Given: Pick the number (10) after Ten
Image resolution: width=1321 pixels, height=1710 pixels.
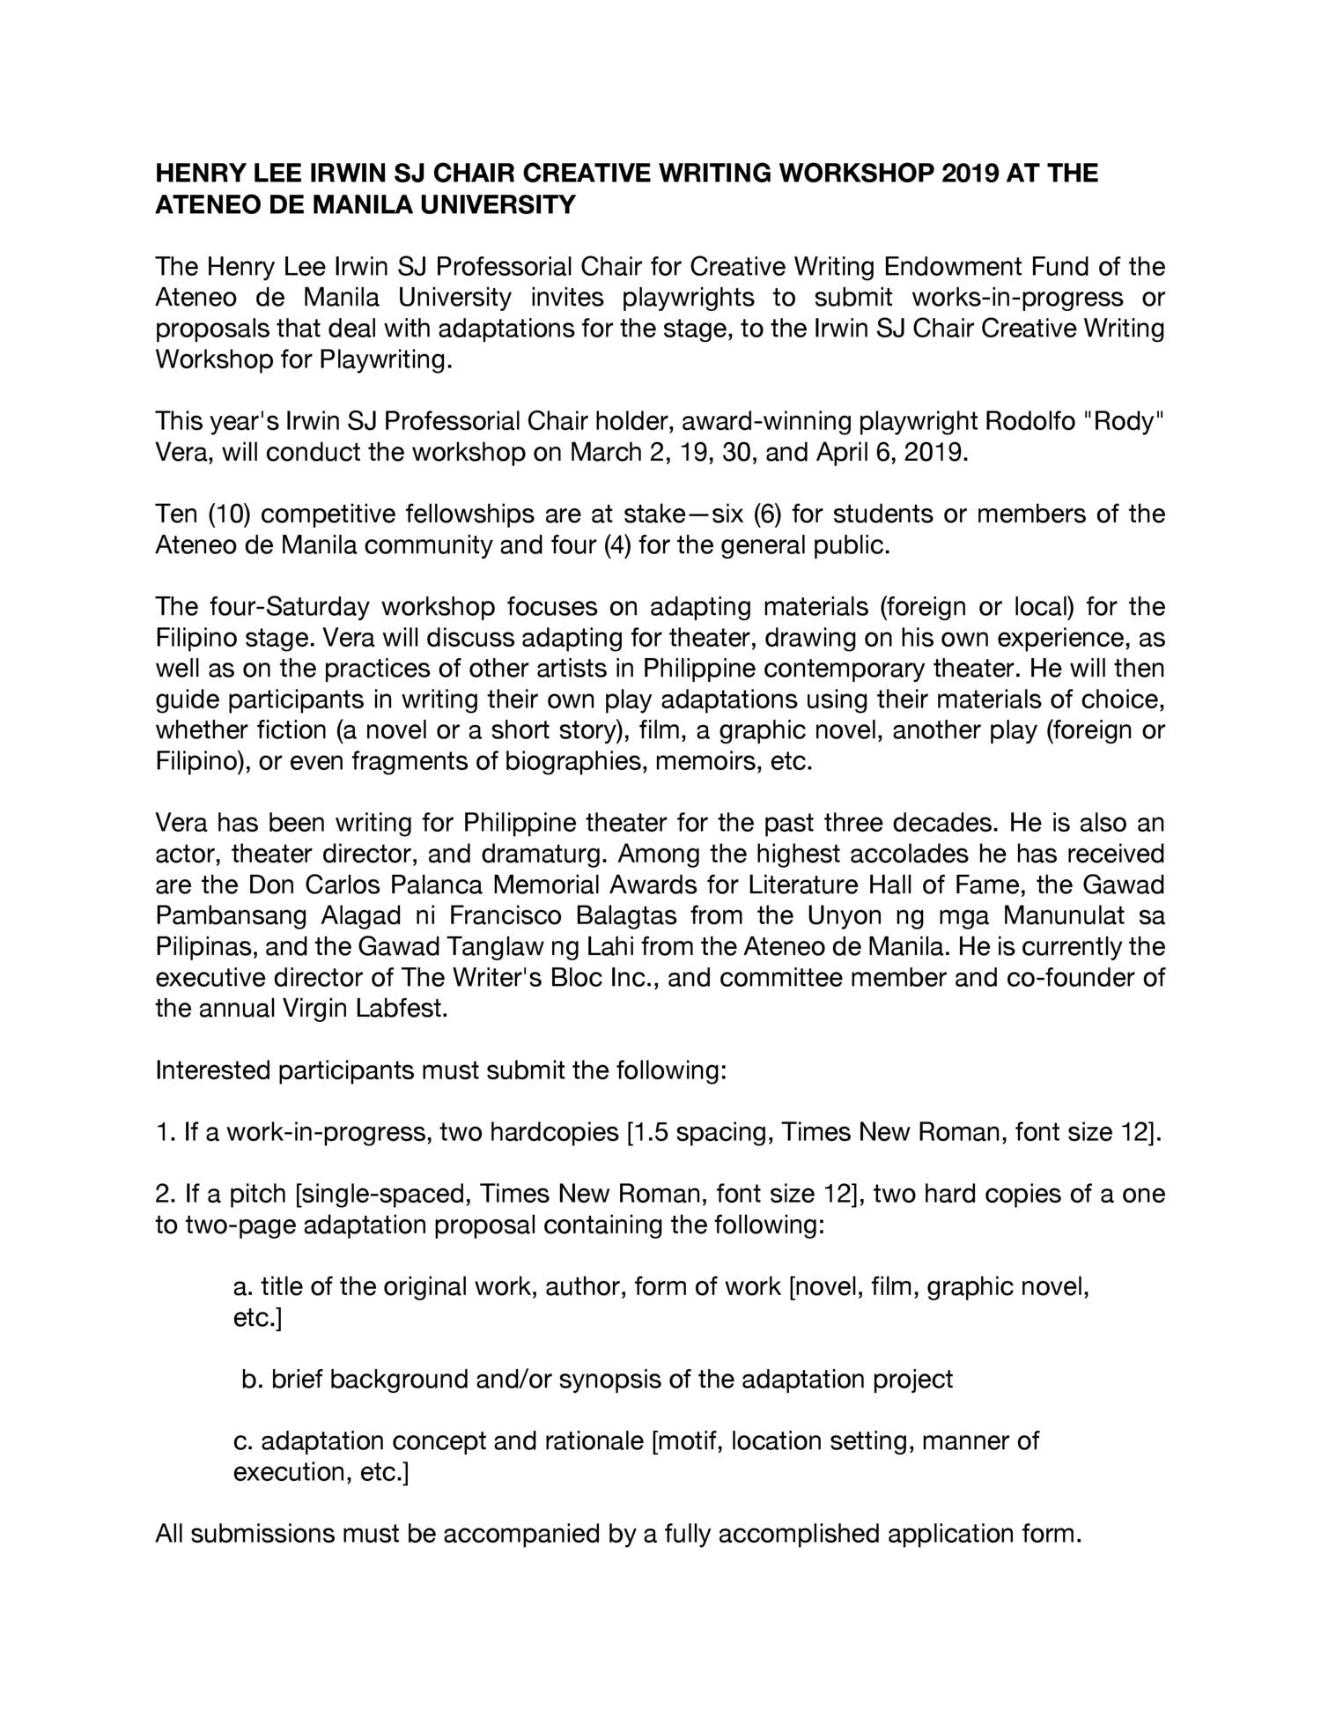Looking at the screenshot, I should [x=229, y=514].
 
